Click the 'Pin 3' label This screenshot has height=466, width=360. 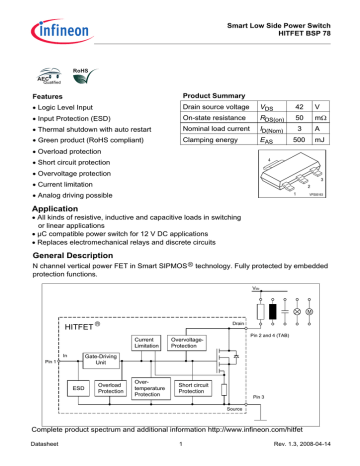pyautogui.click(x=295, y=397)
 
